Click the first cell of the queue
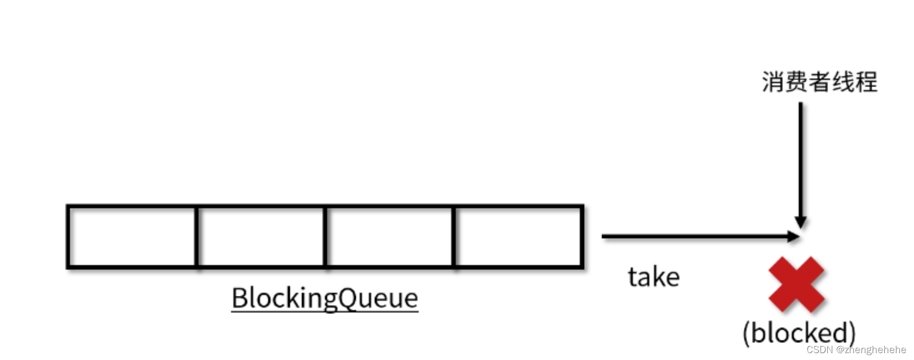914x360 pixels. coord(132,237)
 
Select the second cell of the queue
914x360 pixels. coord(261,237)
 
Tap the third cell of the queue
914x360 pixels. coord(389,237)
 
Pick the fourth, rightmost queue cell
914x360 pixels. coord(518,237)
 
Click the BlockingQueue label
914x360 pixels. coord(325,298)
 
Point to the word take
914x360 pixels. coord(653,277)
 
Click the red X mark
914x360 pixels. coord(796,285)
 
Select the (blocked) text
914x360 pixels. coord(799,333)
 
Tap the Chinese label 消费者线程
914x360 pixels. coord(819,82)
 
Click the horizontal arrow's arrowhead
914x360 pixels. coord(794,236)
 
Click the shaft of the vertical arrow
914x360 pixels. coord(800,159)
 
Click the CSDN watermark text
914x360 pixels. coord(820,350)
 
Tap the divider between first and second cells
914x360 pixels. coord(196,237)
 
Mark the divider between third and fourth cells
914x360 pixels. coord(454,237)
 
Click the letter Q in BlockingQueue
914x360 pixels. coord(347,298)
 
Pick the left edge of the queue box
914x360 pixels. coord(68,237)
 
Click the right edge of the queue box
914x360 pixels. coord(582,237)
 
